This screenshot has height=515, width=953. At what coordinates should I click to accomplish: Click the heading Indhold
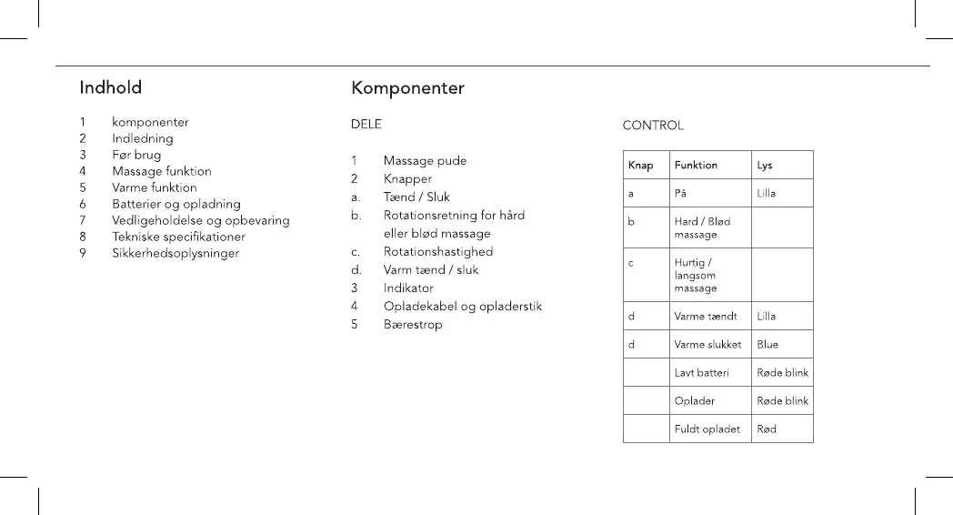[x=111, y=88]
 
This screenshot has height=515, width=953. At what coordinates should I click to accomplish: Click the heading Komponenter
[x=407, y=88]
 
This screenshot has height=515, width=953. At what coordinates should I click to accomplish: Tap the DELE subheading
[x=366, y=125]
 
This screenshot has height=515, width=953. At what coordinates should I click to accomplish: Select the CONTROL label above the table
[x=653, y=126]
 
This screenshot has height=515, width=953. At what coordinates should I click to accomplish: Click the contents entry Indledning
[x=143, y=138]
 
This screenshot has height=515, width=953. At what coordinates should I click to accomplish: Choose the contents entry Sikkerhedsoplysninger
[x=176, y=253]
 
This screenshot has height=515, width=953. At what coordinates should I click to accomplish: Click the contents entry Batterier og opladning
[x=176, y=204]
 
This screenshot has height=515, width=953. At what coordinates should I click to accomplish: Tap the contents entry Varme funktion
[x=155, y=187]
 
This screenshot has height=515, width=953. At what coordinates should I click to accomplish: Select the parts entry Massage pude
[x=425, y=161]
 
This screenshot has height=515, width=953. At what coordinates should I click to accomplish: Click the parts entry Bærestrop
[x=413, y=325]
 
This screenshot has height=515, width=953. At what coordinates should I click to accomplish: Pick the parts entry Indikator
[x=408, y=288]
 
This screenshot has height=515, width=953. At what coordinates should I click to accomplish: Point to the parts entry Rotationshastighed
[x=438, y=252]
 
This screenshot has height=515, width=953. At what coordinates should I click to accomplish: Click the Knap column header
[x=640, y=166]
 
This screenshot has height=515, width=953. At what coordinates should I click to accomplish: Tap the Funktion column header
[x=696, y=166]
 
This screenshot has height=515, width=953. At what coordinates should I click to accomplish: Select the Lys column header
[x=765, y=166]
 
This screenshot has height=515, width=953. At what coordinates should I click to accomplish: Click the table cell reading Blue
[x=767, y=345]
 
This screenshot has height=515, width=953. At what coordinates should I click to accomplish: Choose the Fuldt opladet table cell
[x=707, y=429]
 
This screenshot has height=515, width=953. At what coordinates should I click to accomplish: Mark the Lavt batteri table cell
[x=701, y=373]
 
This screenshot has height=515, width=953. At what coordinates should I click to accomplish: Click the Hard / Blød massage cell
[x=702, y=227]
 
